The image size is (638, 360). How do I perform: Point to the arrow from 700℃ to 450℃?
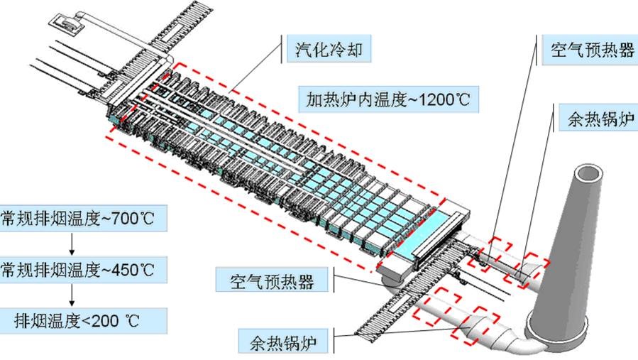[72, 244]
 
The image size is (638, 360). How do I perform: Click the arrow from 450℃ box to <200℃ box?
[72, 295]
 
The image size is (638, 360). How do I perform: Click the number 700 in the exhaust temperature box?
[123, 218]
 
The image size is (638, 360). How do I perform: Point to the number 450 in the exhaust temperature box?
[123, 270]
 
